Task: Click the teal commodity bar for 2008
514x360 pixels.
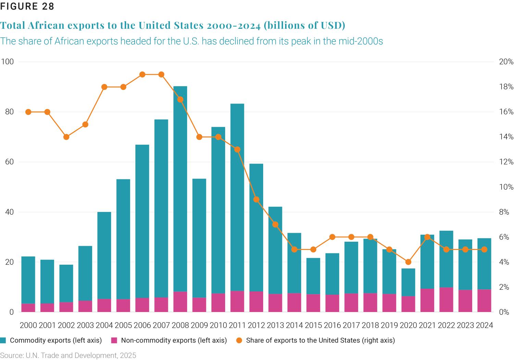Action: (180, 189)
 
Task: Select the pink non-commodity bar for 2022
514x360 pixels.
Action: (446, 300)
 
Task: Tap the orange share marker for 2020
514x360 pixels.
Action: (408, 262)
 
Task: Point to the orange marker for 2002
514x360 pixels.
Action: (66, 137)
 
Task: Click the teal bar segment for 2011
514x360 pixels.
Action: (237, 197)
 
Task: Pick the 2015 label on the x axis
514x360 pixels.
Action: (313, 325)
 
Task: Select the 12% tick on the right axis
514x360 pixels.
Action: (506, 162)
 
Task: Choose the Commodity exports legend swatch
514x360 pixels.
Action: (3, 340)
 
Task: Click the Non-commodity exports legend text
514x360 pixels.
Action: (174, 340)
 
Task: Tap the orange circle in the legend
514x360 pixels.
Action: (239, 340)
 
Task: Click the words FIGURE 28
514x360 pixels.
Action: (27, 7)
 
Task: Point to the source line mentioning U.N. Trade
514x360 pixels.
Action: (68, 356)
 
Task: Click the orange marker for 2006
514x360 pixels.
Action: (143, 74)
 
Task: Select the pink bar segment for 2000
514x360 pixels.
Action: (28, 308)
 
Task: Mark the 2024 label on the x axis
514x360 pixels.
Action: (485, 325)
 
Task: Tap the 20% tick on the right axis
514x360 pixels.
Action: (506, 62)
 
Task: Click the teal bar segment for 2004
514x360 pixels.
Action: (104, 255)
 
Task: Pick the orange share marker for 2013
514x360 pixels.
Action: (275, 225)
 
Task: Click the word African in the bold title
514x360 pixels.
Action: (46, 25)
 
